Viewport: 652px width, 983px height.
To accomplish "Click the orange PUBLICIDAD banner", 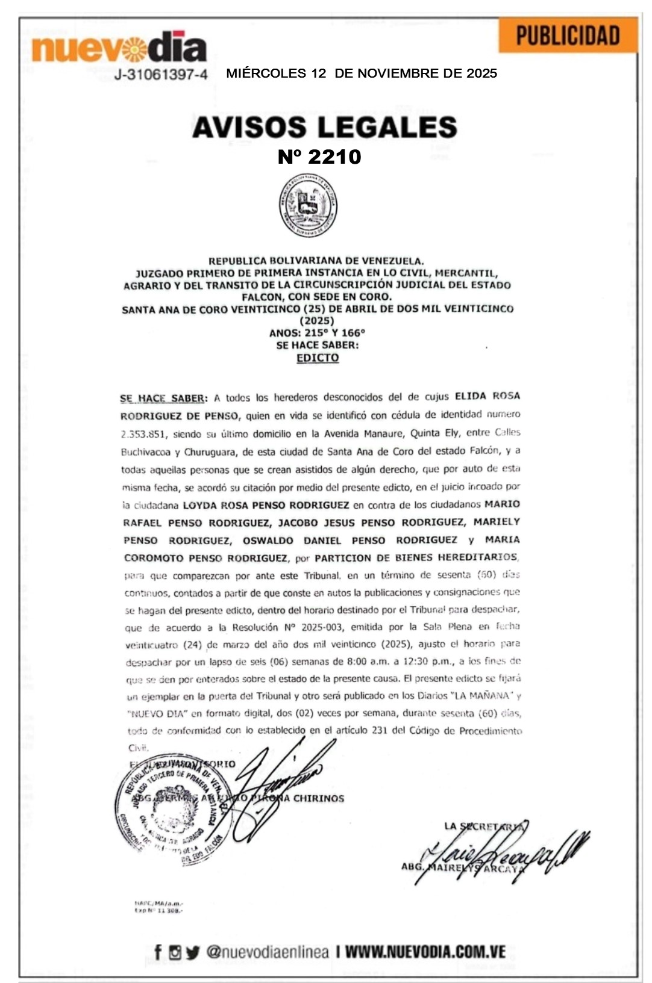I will (x=568, y=36).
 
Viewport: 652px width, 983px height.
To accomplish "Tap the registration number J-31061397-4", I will (x=161, y=75).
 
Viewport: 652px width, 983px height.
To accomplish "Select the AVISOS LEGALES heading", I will (x=325, y=127).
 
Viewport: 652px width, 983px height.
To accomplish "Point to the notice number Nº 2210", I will (x=319, y=157).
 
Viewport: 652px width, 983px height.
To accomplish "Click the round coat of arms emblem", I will (x=308, y=206).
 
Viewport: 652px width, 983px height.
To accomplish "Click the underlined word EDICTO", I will (x=318, y=358).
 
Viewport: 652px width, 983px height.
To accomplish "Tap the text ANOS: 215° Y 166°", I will (x=317, y=333).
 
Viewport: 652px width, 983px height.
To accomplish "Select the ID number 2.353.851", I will (x=145, y=434).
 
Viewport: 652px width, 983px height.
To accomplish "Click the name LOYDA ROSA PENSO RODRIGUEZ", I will (x=266, y=505).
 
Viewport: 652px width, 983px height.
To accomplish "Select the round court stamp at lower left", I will (x=169, y=810).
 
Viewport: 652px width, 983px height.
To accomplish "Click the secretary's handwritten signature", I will (x=503, y=852).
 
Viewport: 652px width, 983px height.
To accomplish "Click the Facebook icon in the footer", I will (x=158, y=952).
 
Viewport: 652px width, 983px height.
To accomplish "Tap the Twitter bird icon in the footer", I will (x=192, y=952).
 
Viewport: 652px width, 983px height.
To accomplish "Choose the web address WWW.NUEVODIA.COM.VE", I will (x=425, y=952).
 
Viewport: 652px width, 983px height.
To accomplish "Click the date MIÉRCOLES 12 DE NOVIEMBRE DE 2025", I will (x=362, y=73).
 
